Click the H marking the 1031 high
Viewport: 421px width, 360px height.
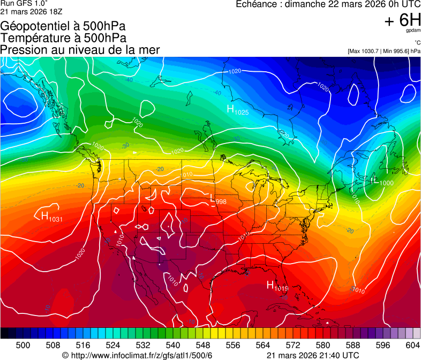(x=45, y=215)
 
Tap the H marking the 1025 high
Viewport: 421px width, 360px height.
(x=231, y=109)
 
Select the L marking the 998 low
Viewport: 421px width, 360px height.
(x=213, y=200)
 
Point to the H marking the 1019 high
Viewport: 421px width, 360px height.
(x=270, y=285)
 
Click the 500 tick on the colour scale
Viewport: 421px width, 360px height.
(x=23, y=344)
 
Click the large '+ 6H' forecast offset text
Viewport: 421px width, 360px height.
(x=402, y=20)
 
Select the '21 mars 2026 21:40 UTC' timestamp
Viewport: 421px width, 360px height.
(x=313, y=355)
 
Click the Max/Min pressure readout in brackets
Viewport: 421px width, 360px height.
(x=384, y=51)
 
